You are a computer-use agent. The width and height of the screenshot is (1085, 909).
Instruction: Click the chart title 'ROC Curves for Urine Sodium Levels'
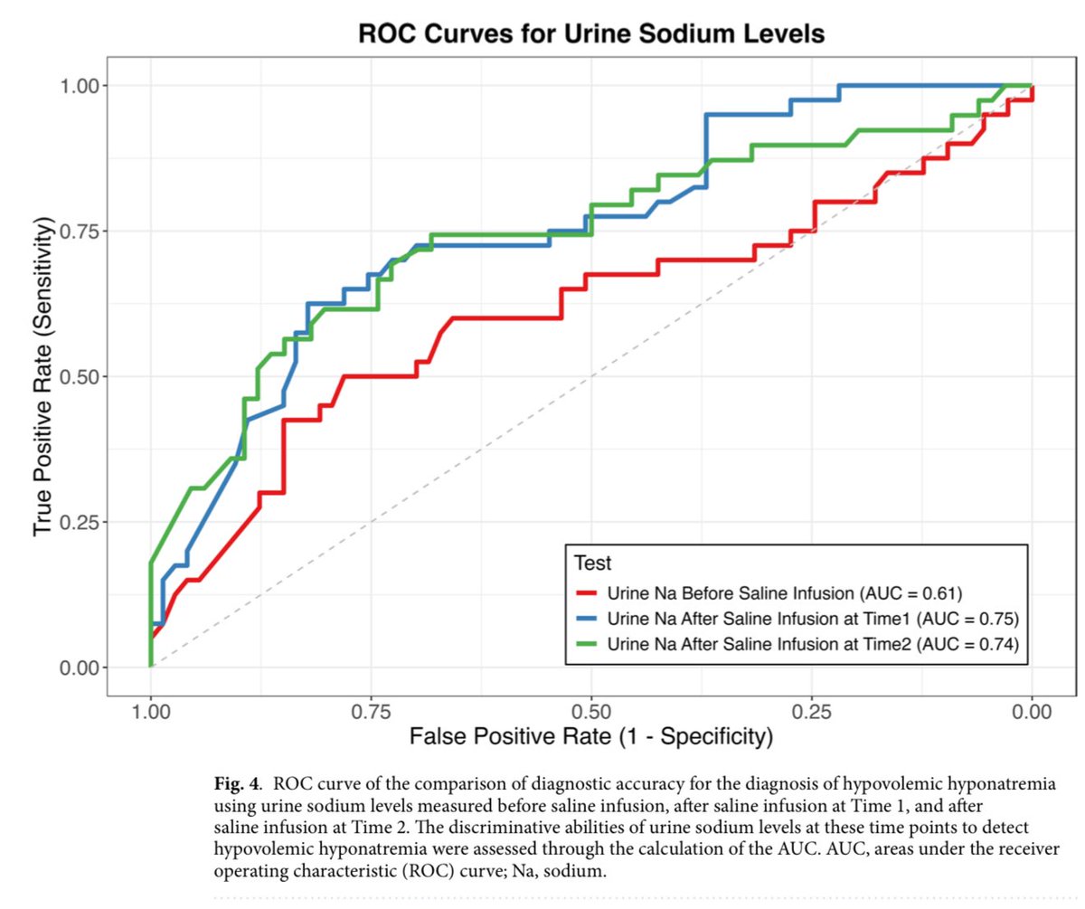(x=591, y=34)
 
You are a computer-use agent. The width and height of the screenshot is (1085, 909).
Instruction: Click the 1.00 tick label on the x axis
(x=150, y=712)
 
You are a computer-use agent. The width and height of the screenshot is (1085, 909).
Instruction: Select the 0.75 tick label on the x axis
(x=371, y=712)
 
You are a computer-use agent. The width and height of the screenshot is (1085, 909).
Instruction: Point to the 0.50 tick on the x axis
(x=590, y=712)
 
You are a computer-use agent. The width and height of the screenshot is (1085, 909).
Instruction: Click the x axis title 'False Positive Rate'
(x=591, y=737)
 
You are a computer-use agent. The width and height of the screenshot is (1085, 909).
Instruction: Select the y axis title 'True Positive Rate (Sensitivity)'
(x=43, y=376)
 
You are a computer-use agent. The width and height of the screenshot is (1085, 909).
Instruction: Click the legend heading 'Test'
(x=593, y=563)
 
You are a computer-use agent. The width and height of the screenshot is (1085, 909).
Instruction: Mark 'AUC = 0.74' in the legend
(x=967, y=645)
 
